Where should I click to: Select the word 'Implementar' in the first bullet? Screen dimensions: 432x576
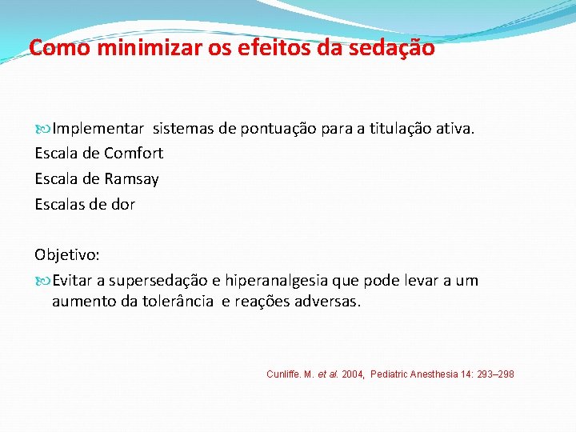coord(98,128)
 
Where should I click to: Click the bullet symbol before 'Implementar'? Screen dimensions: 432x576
coord(42,128)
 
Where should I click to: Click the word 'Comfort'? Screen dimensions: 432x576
coord(134,153)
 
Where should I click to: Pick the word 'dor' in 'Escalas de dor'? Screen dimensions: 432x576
coord(123,204)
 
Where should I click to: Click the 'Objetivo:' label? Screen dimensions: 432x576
coord(67,255)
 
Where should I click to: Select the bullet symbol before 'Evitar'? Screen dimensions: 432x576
coord(42,281)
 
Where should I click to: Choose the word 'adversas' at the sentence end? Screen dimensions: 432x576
coord(330,302)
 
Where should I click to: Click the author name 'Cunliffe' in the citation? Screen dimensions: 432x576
coord(282,374)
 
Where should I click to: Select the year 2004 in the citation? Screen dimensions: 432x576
coord(353,374)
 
